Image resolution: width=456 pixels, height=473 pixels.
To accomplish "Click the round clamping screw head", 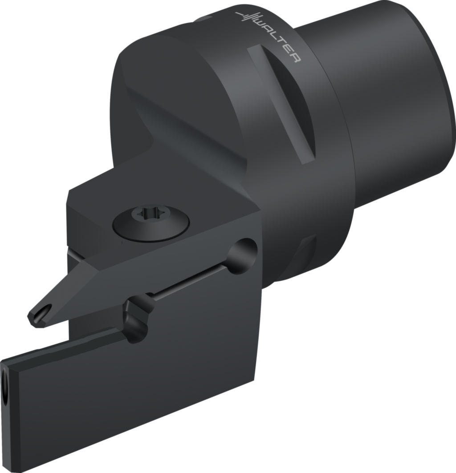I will coord(151,222).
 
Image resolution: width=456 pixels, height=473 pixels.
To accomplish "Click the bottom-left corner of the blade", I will coord(12,467).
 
